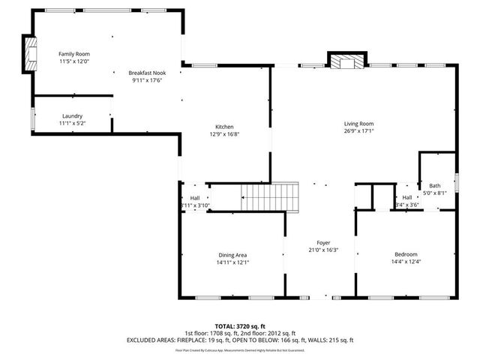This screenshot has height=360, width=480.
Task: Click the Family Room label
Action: click(x=74, y=54)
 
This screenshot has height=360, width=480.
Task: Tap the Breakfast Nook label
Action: click(x=148, y=72)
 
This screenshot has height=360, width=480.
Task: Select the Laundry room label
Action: click(x=72, y=115)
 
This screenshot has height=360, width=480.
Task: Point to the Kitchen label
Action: click(x=225, y=127)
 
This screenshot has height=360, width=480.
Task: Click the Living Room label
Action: click(x=358, y=124)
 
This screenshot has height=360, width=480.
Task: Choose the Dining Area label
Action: click(x=232, y=255)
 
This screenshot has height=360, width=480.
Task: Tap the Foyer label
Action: click(x=323, y=242)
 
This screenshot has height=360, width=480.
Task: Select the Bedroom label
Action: click(x=406, y=255)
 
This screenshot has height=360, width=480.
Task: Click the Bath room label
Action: click(x=435, y=185)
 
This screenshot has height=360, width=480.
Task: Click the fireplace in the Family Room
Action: click(x=31, y=54)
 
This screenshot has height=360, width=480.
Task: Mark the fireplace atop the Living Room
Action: click(x=346, y=61)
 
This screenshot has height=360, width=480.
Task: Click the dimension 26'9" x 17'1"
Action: click(x=358, y=131)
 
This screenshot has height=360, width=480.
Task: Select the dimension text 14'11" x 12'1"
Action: click(x=232, y=262)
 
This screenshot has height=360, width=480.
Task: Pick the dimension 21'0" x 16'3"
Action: click(x=323, y=250)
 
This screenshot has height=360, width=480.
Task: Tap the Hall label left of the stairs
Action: click(x=194, y=198)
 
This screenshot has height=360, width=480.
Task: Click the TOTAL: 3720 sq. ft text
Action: click(x=240, y=325)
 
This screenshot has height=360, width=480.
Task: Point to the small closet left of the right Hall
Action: click(x=364, y=197)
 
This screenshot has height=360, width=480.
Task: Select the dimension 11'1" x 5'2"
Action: click(x=72, y=123)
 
